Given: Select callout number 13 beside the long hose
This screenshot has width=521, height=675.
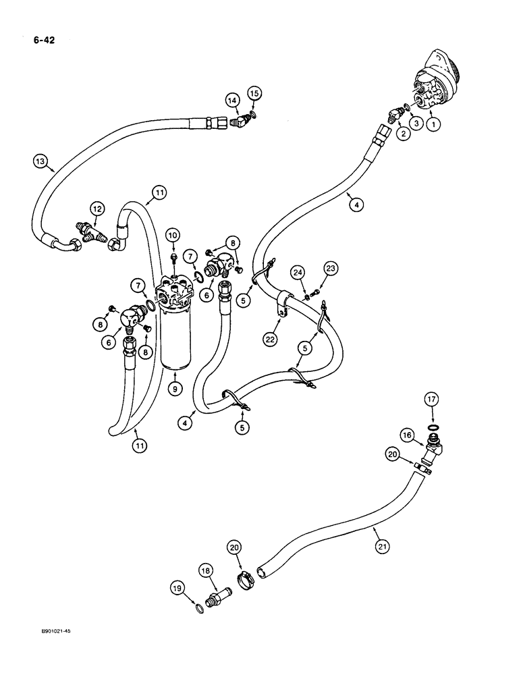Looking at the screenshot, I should click(x=41, y=161).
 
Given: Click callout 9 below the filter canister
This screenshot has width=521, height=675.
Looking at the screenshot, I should click(x=174, y=388).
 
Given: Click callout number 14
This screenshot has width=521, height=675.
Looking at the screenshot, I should click(x=232, y=101).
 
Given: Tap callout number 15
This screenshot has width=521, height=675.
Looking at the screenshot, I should click(x=254, y=92).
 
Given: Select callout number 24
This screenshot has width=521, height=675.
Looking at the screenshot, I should click(x=298, y=273).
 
